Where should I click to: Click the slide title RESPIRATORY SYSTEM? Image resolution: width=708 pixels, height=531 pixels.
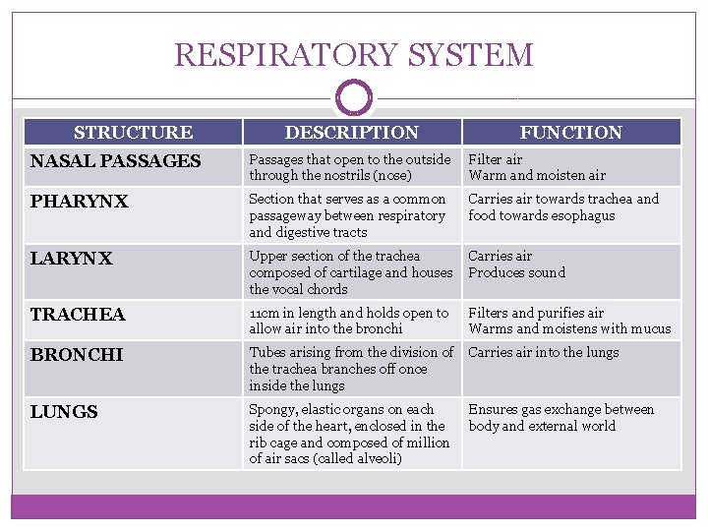click(x=354, y=54)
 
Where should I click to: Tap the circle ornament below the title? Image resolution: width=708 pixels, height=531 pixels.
click(x=354, y=98)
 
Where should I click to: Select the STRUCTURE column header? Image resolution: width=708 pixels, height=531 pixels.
click(x=133, y=132)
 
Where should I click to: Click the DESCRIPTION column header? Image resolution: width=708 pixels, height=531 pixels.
click(x=351, y=132)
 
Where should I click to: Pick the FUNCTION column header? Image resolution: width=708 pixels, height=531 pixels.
click(x=570, y=132)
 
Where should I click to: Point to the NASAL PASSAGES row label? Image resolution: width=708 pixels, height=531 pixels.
click(x=115, y=160)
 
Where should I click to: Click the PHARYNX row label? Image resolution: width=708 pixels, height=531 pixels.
click(x=79, y=202)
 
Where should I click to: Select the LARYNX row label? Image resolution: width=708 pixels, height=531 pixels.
click(x=71, y=259)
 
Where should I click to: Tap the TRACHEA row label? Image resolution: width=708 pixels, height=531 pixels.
click(x=78, y=315)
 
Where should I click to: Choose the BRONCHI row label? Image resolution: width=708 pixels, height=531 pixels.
click(x=76, y=355)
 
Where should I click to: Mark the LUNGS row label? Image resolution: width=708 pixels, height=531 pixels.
click(x=64, y=412)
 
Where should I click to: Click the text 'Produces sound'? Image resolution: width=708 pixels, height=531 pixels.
click(x=516, y=272)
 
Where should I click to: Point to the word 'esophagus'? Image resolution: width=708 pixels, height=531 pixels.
click(x=583, y=215)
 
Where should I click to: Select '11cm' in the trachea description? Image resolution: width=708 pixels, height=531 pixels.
click(x=262, y=313)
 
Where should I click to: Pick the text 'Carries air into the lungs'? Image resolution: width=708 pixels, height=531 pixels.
click(x=543, y=352)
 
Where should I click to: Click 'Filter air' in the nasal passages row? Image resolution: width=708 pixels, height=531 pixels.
click(x=495, y=159)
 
